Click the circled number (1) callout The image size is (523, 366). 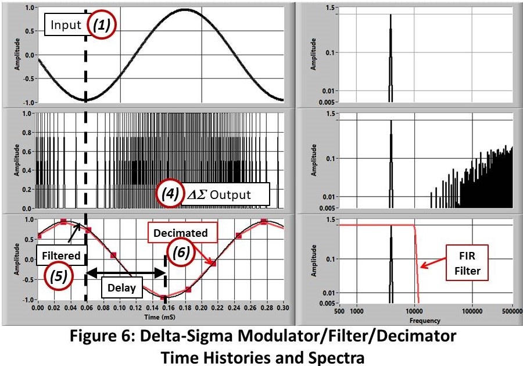tap(102, 25)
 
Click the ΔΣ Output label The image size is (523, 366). tap(225, 194)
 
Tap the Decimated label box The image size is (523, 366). tap(180, 233)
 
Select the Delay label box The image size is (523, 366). tap(121, 287)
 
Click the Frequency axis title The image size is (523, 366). tap(425, 320)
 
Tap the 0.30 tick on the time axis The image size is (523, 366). tap(283, 311)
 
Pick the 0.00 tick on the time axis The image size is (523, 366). tap(38, 311)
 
